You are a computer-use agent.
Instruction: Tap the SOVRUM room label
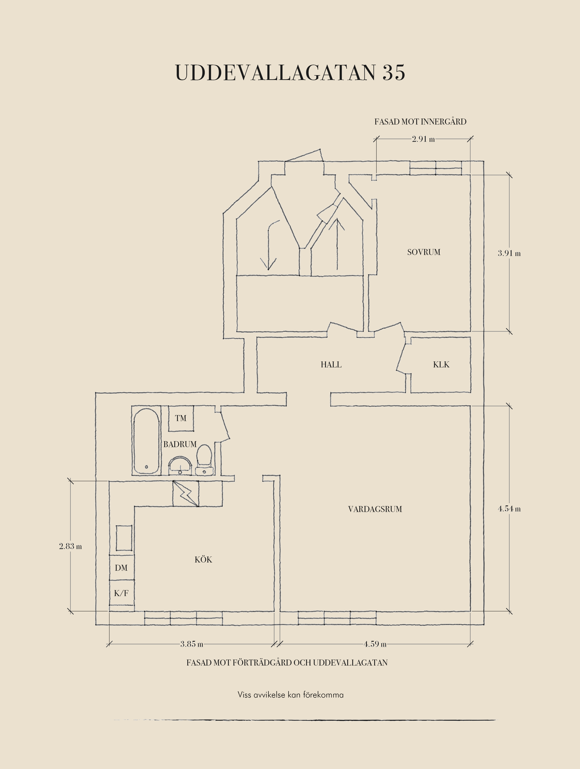[x=424, y=252]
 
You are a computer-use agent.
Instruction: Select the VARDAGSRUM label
[x=375, y=509]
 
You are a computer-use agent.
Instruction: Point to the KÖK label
[x=203, y=559]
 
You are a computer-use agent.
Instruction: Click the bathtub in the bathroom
[x=146, y=441]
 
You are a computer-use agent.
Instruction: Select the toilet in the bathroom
[x=204, y=460]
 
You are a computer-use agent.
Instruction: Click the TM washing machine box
[x=181, y=418]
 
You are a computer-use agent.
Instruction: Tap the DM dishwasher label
[x=121, y=568]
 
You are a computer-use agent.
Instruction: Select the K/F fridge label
[x=121, y=593]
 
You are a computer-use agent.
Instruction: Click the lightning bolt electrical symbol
[x=185, y=493]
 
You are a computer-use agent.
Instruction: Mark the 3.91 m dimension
[x=509, y=253]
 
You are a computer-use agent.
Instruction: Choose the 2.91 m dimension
[x=423, y=139]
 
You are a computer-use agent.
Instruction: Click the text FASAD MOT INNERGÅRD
[x=420, y=122]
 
